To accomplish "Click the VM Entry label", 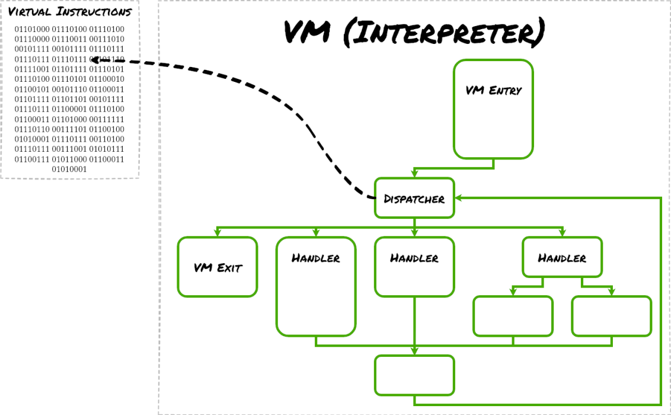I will point(493,91).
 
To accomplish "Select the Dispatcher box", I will point(414,198).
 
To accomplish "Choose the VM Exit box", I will point(218,267).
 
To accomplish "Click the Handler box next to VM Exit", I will point(316,286).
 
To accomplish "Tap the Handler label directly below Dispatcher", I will point(414,258).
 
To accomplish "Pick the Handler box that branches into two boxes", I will point(562,257).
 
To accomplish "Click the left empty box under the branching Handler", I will point(513,316).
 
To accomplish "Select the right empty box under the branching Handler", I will point(611,316).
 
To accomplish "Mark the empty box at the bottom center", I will point(414,375).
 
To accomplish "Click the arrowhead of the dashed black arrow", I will point(95,60).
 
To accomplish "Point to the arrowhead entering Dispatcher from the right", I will point(458,198).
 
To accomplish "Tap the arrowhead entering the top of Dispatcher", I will point(414,174).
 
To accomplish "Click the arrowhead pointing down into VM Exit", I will point(218,233).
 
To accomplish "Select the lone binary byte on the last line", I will point(69,169).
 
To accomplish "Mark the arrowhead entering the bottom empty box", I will point(414,352).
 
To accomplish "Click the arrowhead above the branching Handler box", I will point(562,233).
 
